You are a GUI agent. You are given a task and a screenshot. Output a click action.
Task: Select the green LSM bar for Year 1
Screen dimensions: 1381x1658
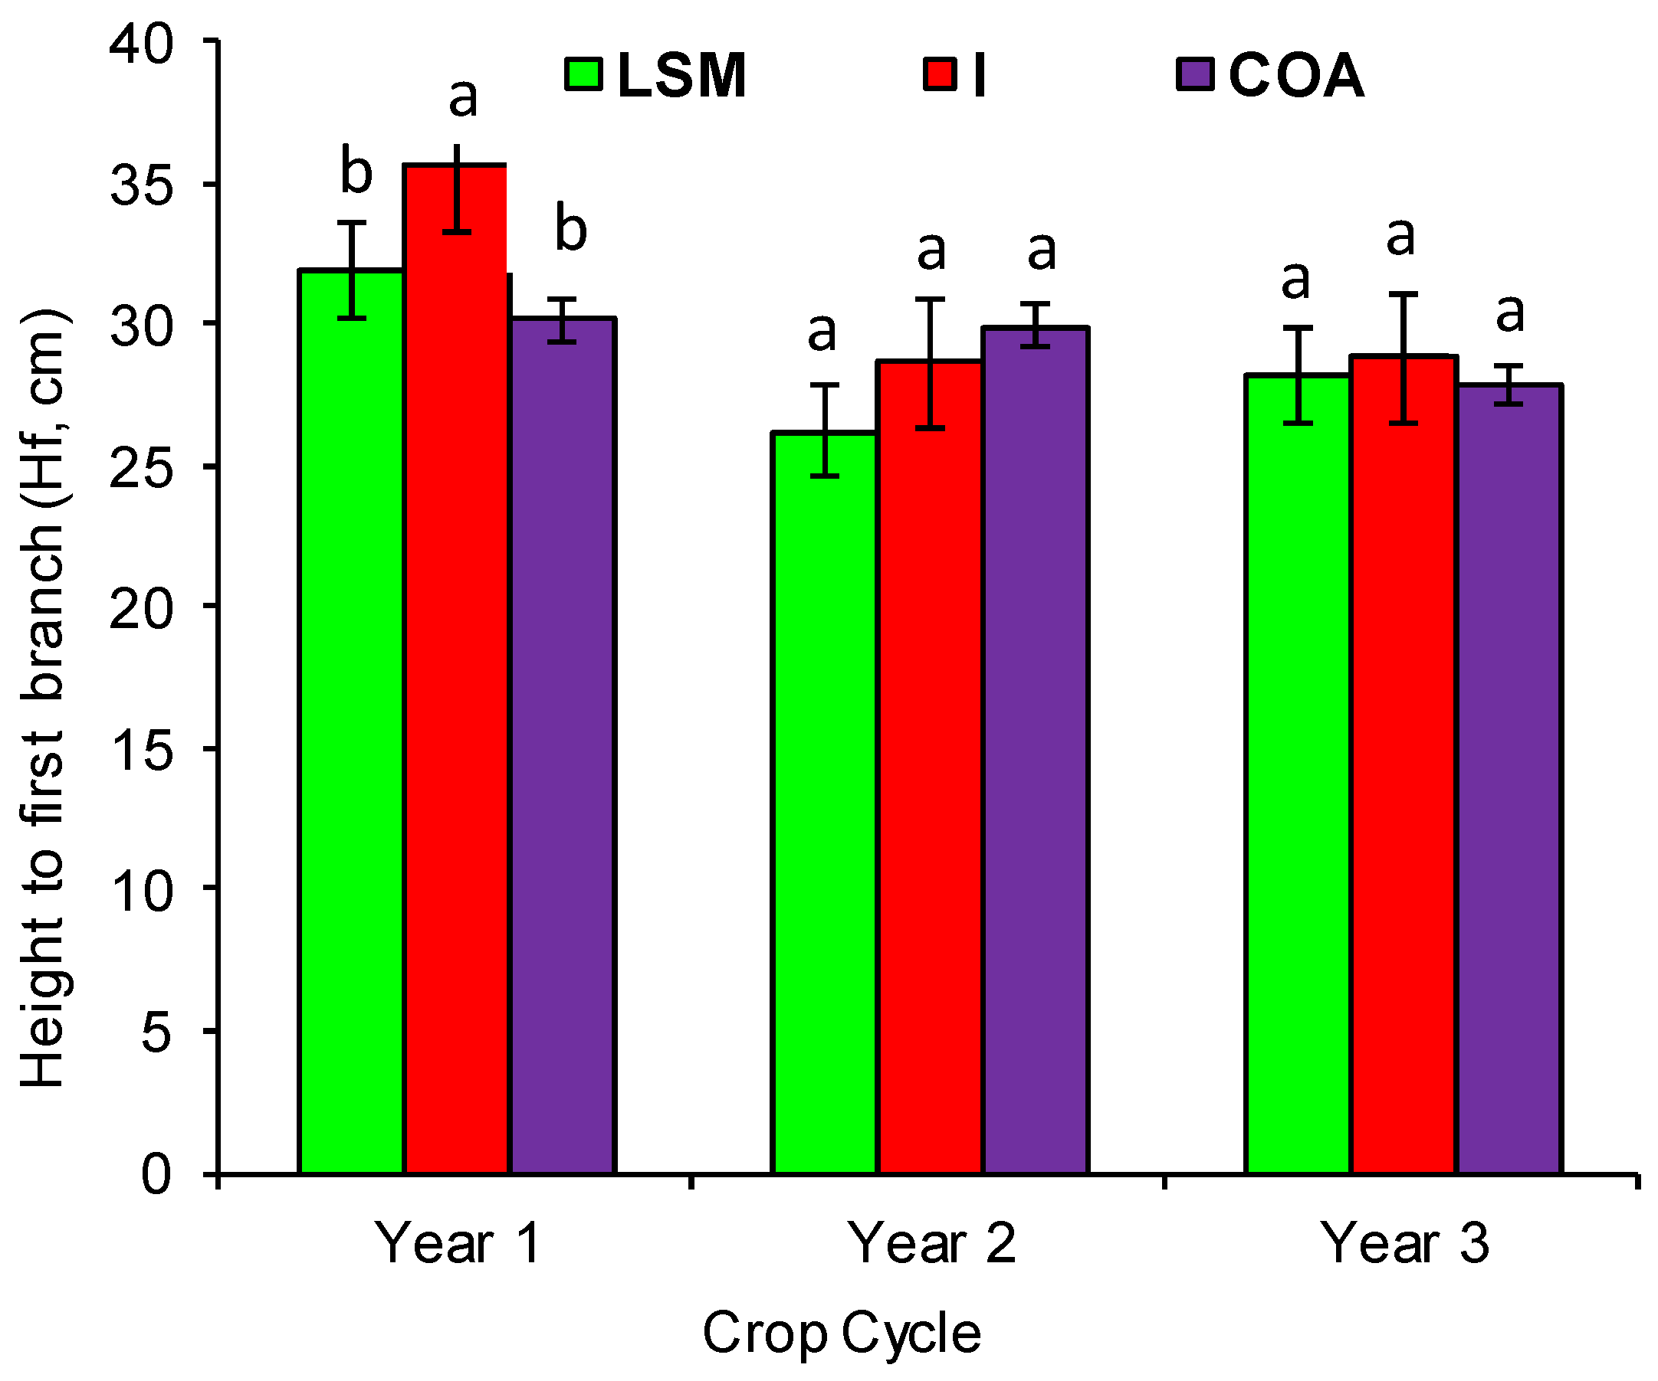[x=351, y=722]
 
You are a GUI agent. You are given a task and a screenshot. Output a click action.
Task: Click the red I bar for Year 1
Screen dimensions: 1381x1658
[x=455, y=671]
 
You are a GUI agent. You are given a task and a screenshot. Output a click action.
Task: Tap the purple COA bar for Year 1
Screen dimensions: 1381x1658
[x=562, y=746]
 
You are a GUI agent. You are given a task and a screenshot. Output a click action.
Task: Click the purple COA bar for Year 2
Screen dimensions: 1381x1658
[x=1035, y=750]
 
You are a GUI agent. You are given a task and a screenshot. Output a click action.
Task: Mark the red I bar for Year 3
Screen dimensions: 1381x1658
[x=1403, y=765]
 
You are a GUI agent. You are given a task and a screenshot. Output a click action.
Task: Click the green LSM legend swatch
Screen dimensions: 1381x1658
[x=584, y=75]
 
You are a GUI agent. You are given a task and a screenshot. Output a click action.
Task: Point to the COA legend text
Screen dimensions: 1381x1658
[x=1295, y=76]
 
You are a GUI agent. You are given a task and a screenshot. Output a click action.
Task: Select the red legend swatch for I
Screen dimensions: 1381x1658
[x=941, y=75]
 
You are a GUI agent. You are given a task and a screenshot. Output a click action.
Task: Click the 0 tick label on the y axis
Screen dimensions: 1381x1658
[x=156, y=1174]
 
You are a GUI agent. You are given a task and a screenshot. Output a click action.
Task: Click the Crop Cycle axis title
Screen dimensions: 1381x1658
[x=842, y=1333]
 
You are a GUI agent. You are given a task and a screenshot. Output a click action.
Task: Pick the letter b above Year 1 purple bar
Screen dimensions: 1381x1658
[x=570, y=228]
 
